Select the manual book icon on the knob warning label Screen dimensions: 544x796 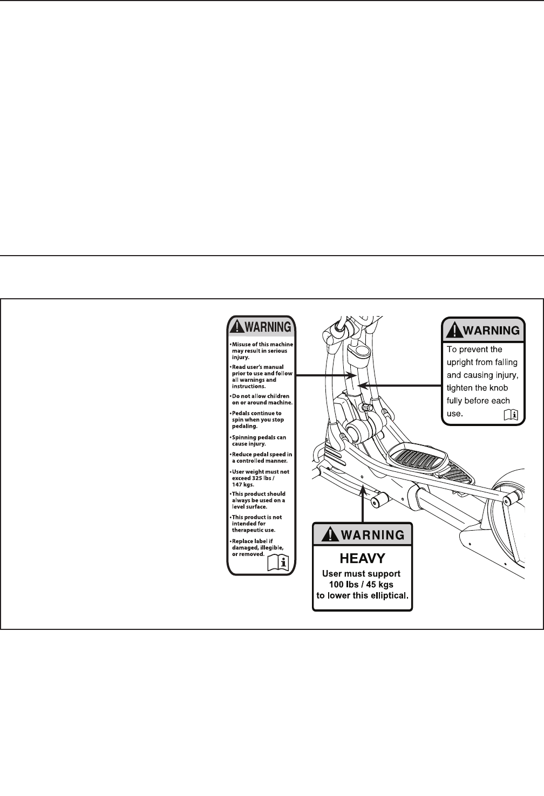[x=510, y=414]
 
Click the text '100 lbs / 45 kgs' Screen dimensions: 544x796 [x=362, y=585]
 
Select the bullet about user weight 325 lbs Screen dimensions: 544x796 [x=260, y=478]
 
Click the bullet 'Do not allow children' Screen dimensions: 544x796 [x=262, y=400]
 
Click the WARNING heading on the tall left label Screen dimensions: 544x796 [x=268, y=327]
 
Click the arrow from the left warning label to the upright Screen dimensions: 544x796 [x=322, y=375]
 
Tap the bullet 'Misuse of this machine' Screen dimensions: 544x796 [x=261, y=351]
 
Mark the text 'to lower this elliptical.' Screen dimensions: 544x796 [x=362, y=596]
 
